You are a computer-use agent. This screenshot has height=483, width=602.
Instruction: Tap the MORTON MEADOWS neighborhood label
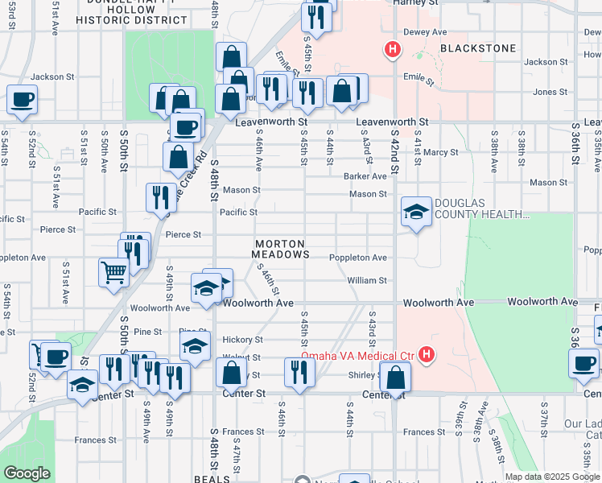tap(280, 249)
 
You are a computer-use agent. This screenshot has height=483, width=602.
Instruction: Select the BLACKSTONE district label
tap(478, 48)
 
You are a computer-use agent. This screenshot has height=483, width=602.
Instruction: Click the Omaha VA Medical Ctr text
tap(357, 356)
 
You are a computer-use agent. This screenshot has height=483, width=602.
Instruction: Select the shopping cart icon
tap(113, 271)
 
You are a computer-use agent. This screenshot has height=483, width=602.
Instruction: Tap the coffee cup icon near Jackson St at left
tap(23, 100)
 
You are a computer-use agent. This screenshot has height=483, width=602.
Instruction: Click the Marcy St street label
tap(441, 152)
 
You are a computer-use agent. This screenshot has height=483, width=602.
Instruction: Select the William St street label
tap(367, 280)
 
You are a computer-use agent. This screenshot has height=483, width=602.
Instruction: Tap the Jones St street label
tap(550, 93)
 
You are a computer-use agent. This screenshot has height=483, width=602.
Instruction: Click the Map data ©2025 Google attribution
tap(551, 477)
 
